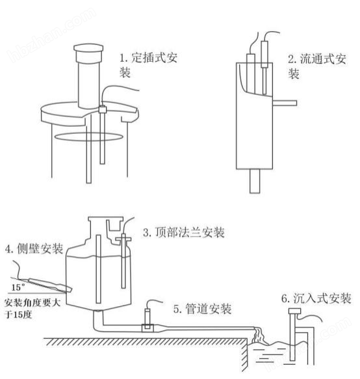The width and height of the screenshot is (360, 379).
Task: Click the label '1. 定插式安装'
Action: point(148,65)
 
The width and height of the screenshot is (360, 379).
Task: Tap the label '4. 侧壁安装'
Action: point(34,248)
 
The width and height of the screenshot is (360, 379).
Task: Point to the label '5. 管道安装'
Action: point(202,309)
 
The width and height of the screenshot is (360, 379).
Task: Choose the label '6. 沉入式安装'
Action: point(316,298)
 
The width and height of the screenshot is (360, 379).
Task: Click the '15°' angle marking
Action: point(18,286)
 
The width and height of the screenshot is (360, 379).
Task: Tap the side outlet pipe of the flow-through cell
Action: point(284,103)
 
